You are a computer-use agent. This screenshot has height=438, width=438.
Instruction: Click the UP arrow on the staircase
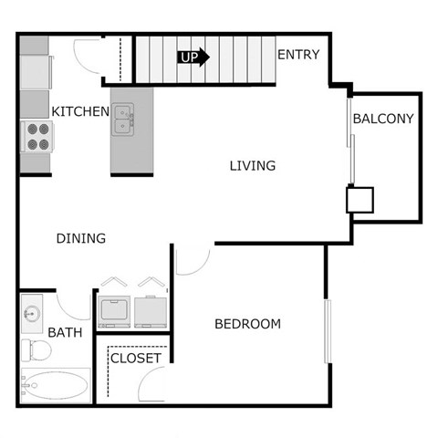[x=193, y=57]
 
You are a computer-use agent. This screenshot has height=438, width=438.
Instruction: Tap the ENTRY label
[x=298, y=55]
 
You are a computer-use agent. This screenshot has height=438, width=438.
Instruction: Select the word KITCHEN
[x=80, y=111]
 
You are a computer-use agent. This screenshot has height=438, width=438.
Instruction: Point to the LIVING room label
[x=252, y=165]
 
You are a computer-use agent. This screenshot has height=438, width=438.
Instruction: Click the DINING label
[x=81, y=238]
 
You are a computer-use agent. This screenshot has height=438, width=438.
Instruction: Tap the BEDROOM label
[x=247, y=324]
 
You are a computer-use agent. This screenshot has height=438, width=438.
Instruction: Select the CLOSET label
[x=135, y=358]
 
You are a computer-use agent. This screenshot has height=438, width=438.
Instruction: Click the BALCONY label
[x=383, y=119]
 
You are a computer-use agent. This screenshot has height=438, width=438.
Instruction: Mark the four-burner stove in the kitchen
[x=37, y=136]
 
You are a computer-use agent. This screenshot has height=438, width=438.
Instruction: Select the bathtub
[x=55, y=386]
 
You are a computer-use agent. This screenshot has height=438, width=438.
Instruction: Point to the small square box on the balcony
[x=359, y=200]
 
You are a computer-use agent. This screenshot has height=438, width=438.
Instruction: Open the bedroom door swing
[x=193, y=262]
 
